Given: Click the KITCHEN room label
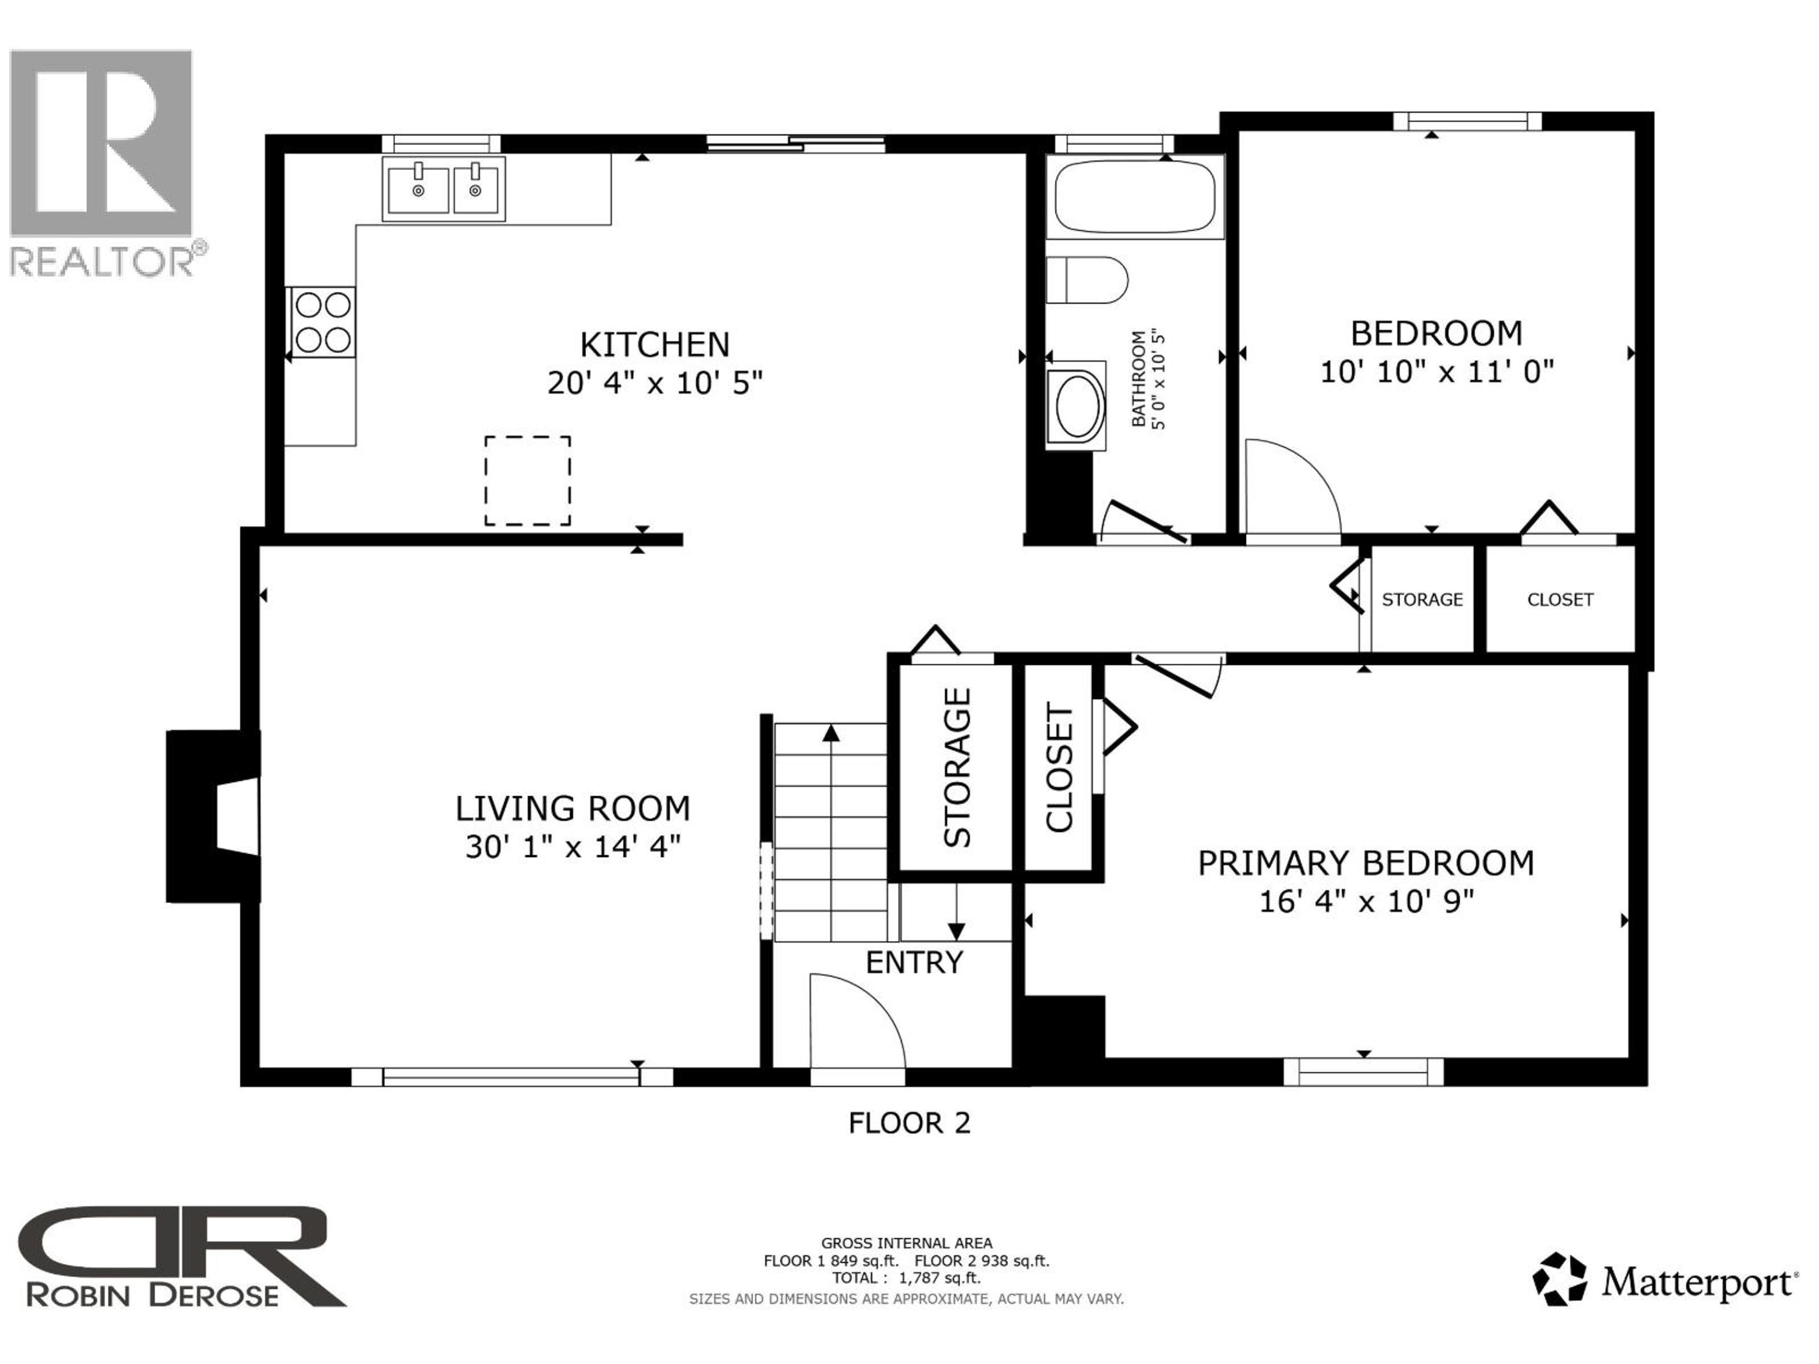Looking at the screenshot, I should pyautogui.click(x=655, y=344).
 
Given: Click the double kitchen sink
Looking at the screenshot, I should pyautogui.click(x=444, y=189).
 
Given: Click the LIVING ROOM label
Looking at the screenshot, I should pyautogui.click(x=572, y=808).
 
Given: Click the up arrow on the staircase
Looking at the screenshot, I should pyautogui.click(x=830, y=733).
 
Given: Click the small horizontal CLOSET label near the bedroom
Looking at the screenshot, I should pyautogui.click(x=1560, y=600).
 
